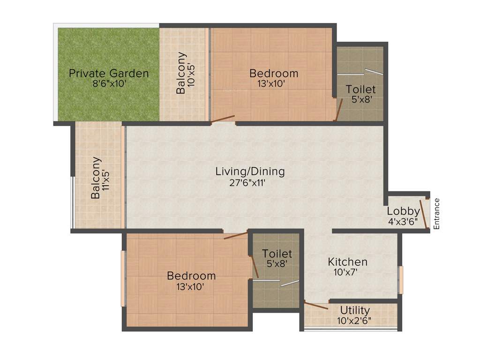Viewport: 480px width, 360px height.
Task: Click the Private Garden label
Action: click(x=109, y=73)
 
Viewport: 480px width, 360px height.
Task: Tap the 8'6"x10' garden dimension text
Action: click(x=109, y=84)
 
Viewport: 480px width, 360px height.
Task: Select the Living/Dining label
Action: click(x=250, y=172)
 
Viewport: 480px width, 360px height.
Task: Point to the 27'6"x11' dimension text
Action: click(x=250, y=183)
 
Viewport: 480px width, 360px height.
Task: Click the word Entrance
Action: click(x=437, y=214)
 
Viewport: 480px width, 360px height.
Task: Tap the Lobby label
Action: click(x=403, y=211)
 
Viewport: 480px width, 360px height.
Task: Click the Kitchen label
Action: click(x=347, y=262)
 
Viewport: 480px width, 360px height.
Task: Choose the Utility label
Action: click(x=355, y=310)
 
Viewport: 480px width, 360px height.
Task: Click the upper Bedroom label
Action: click(x=274, y=73)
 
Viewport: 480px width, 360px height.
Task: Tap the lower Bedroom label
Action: click(x=191, y=276)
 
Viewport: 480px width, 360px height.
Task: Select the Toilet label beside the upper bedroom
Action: click(x=360, y=89)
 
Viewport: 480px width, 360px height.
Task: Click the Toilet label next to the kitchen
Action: click(x=277, y=254)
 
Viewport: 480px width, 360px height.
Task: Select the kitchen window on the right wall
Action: click(x=400, y=279)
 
